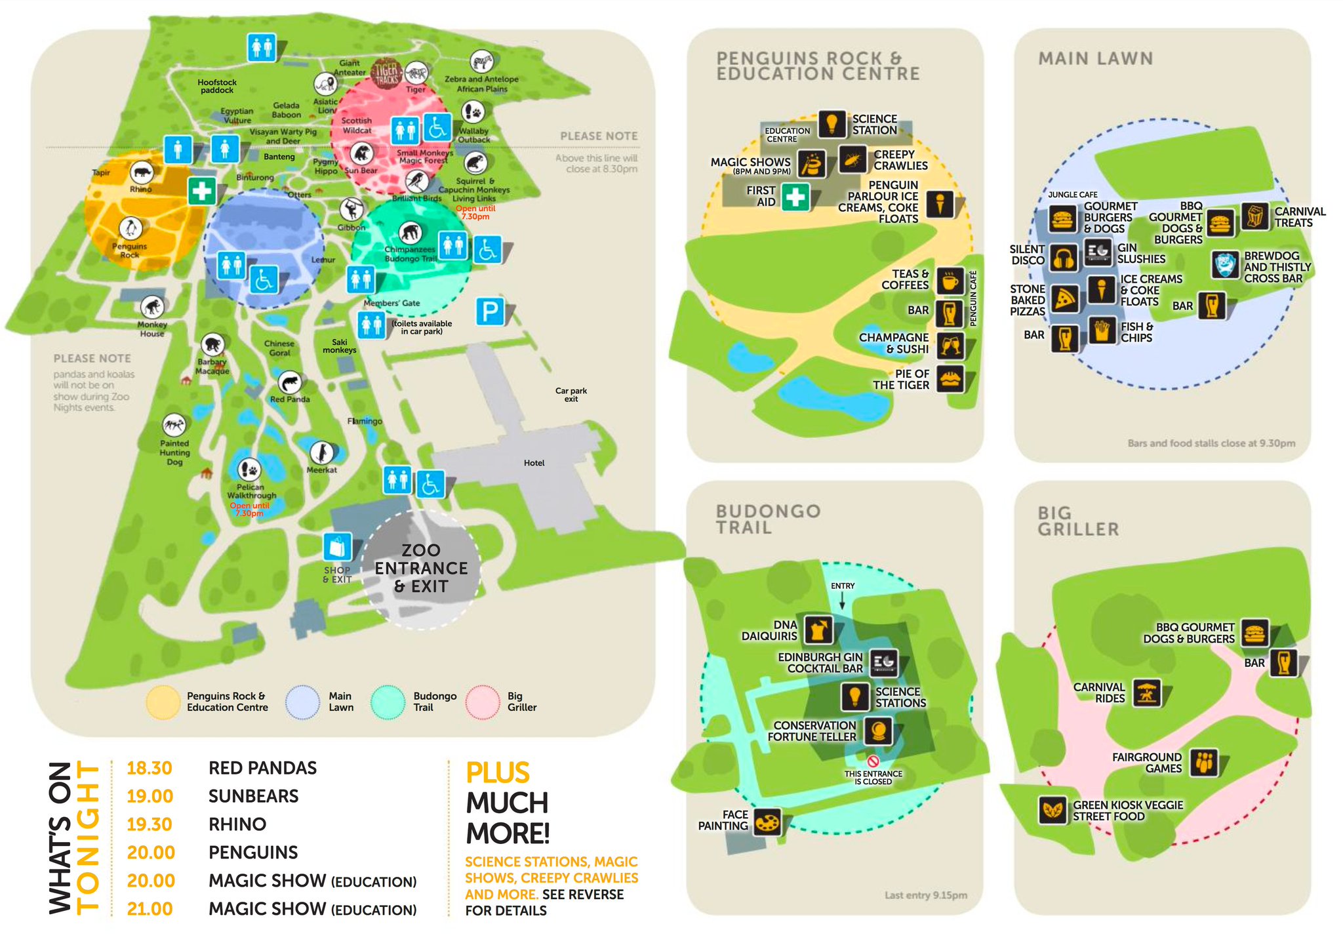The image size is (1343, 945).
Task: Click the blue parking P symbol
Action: pos(490,311)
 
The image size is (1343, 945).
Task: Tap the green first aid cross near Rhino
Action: pos(202,191)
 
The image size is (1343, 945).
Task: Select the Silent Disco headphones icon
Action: pos(1063,258)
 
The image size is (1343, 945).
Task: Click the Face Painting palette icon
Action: pos(767,821)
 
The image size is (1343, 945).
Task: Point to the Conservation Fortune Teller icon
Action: pos(877,730)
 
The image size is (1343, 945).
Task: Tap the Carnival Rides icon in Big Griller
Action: pos(1146,693)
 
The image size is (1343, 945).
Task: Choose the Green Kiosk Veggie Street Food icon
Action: pos(1052,810)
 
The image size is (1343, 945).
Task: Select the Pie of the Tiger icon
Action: pos(950,378)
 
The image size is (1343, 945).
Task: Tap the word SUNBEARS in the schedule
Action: pos(253,796)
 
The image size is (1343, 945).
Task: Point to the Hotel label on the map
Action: pos(534,463)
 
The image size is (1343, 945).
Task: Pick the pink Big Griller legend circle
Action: pos(483,702)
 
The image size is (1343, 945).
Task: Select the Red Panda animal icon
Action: pos(289,382)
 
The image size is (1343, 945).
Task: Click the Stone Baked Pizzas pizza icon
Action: pos(1064,299)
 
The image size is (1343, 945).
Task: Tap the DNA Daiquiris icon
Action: pos(818,630)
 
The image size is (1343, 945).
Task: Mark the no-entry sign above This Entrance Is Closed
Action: pos(873,761)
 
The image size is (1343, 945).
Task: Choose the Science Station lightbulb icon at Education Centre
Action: pos(832,123)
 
